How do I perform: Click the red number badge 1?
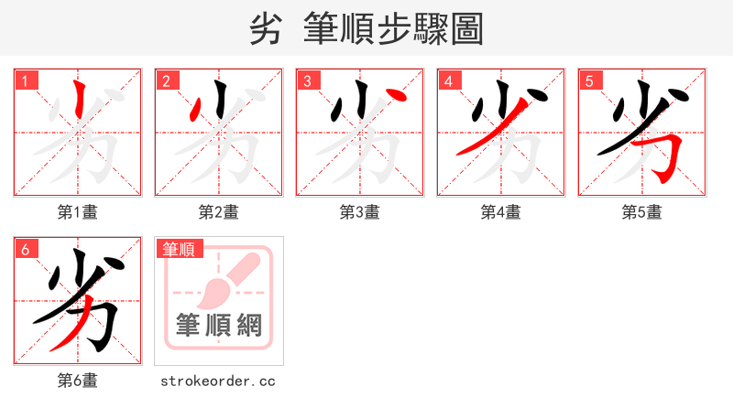26,81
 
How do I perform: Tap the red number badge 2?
167,81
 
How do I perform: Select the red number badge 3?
308,81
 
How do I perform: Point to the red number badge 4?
449,81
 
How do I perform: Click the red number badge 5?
590,81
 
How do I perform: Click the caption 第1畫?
78,212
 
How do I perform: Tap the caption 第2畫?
219,212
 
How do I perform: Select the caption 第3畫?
360,212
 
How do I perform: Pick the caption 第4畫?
501,212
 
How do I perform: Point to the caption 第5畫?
642,212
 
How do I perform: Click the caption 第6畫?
78,381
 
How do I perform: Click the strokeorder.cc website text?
218,381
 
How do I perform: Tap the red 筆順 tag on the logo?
180,249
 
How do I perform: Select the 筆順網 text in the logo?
219,325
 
